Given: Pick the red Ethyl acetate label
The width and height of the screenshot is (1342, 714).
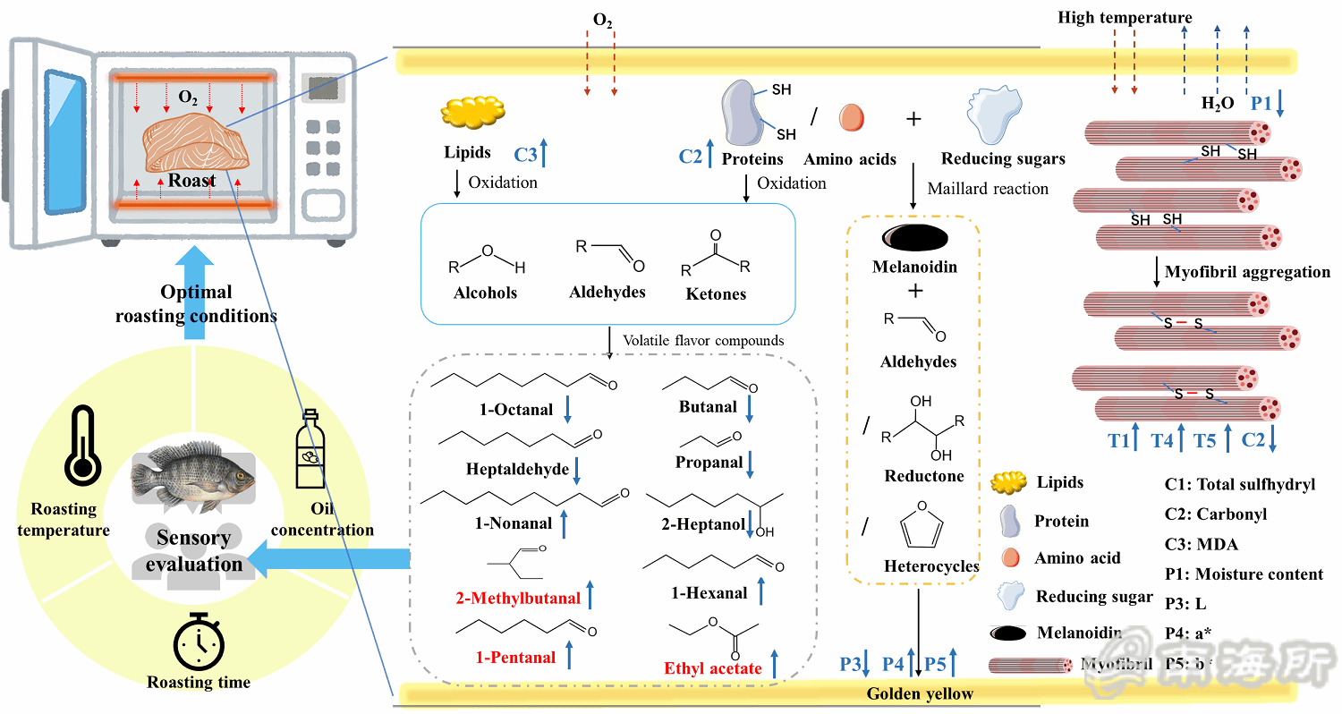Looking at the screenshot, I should click(x=713, y=667).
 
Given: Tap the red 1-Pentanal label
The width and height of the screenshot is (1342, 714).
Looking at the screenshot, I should click(x=515, y=658).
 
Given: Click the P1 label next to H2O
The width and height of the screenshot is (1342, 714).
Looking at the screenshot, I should click(x=1261, y=103).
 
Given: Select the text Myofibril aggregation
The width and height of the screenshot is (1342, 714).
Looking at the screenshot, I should click(x=1247, y=271).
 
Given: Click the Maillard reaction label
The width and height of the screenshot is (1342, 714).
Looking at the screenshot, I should click(x=988, y=189).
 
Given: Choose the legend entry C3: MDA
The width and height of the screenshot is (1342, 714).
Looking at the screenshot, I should click(x=1202, y=544).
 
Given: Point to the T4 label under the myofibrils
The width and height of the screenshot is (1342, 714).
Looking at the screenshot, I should click(x=1161, y=439).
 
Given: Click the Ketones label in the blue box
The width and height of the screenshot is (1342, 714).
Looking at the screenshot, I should click(x=716, y=293).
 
